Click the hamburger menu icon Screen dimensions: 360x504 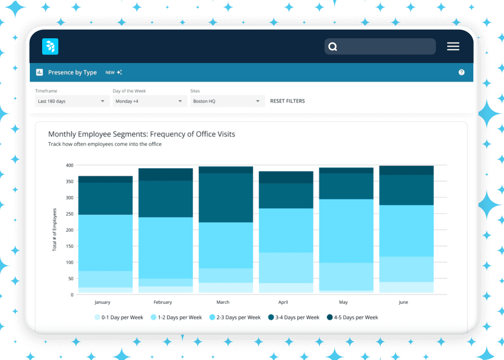(x=453, y=46)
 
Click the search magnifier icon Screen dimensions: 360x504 (x=333, y=47)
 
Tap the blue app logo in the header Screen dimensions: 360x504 (x=50, y=46)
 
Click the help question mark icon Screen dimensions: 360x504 (x=461, y=72)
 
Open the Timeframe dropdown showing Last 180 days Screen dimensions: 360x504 (x=72, y=101)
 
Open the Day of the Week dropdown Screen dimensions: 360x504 (x=149, y=101)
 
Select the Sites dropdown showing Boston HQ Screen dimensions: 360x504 (x=227, y=101)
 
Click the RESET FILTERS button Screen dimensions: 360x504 (x=287, y=101)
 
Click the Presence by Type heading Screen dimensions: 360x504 (x=72, y=72)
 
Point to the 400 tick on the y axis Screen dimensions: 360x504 (x=69, y=165)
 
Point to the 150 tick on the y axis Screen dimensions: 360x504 (x=69, y=246)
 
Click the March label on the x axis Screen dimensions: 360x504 (x=223, y=302)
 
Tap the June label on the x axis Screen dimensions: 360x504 (x=403, y=302)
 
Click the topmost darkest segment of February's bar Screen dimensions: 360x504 (x=166, y=174)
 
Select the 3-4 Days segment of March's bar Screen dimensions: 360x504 (x=226, y=198)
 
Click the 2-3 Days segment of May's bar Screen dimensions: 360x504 (x=346, y=231)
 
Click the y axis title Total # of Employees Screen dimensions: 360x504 (x=54, y=229)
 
